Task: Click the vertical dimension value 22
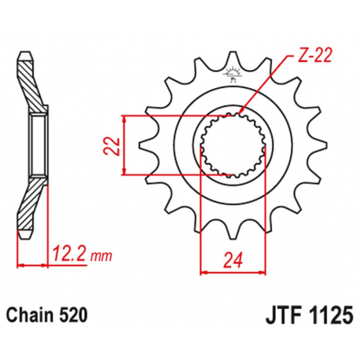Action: tap(112, 145)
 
